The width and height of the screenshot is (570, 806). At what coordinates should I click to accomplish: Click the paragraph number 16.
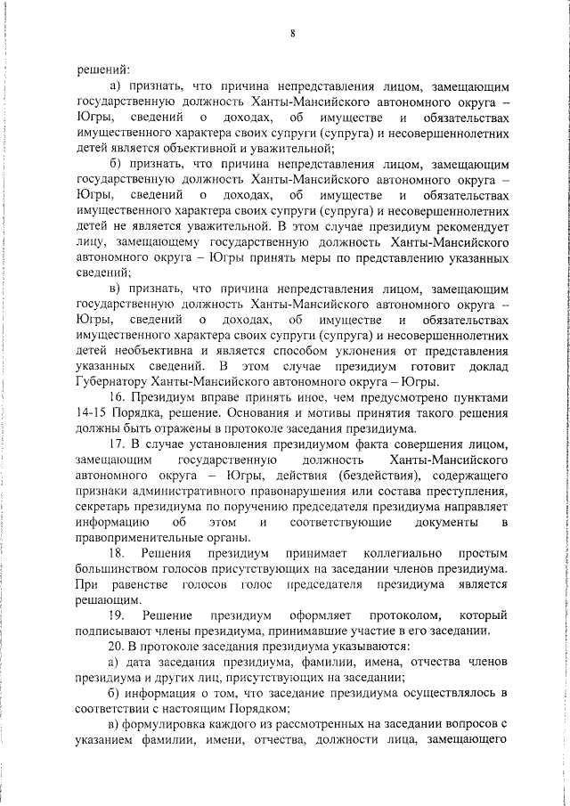[116, 398]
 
